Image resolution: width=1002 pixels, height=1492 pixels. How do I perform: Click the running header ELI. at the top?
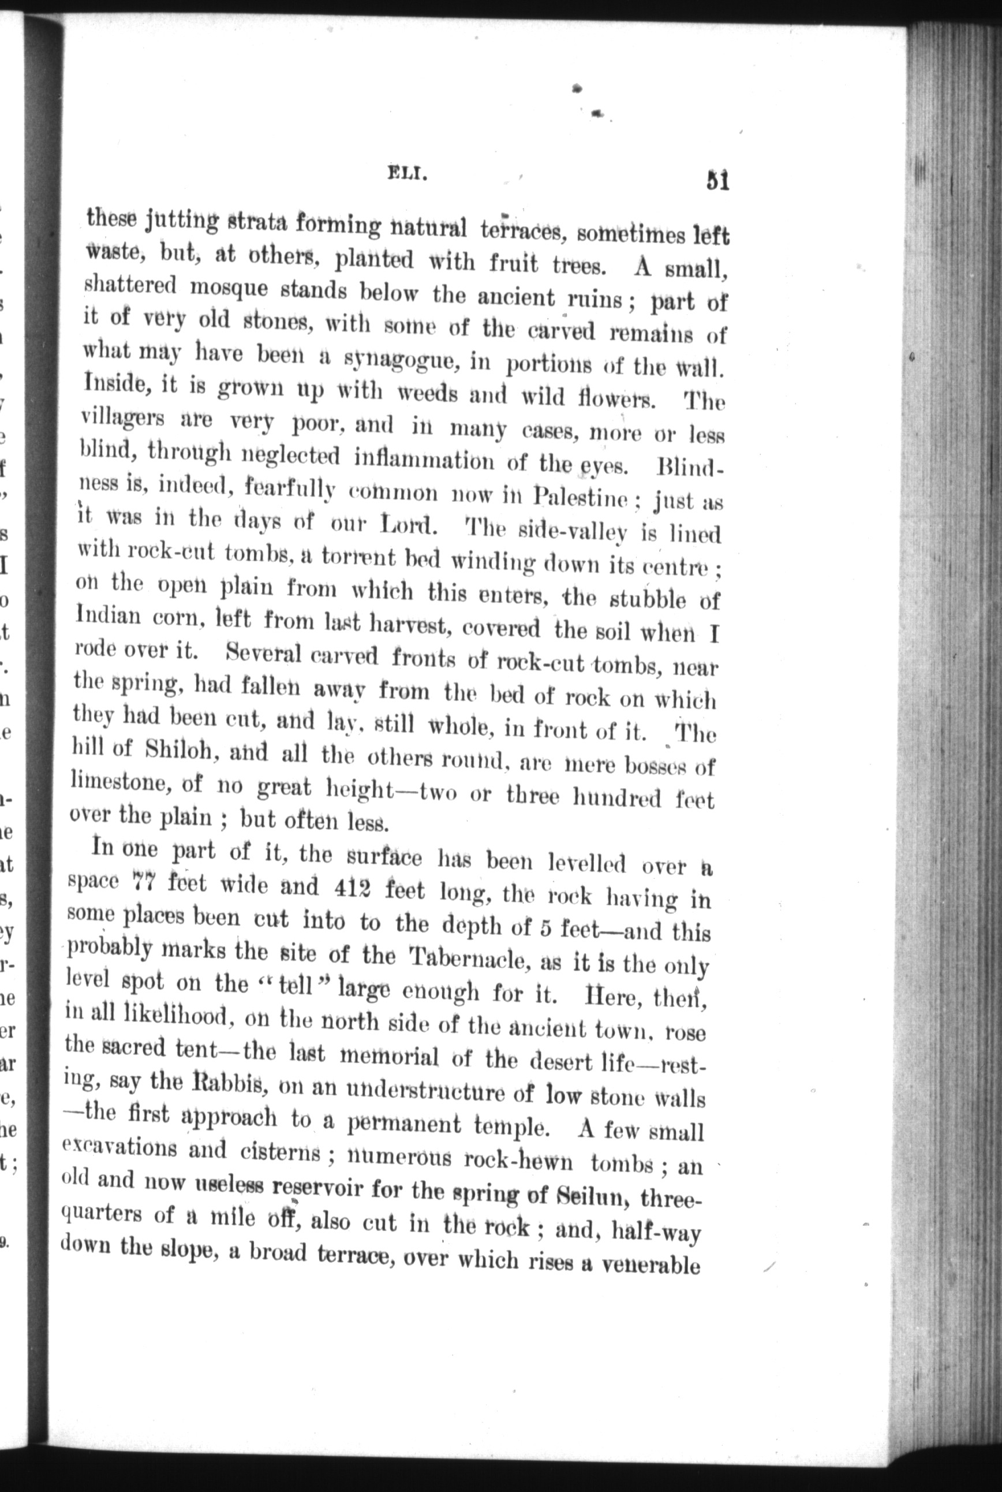406,173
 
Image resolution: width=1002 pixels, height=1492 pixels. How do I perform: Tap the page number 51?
717,181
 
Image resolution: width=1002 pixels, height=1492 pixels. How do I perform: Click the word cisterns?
281,1151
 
